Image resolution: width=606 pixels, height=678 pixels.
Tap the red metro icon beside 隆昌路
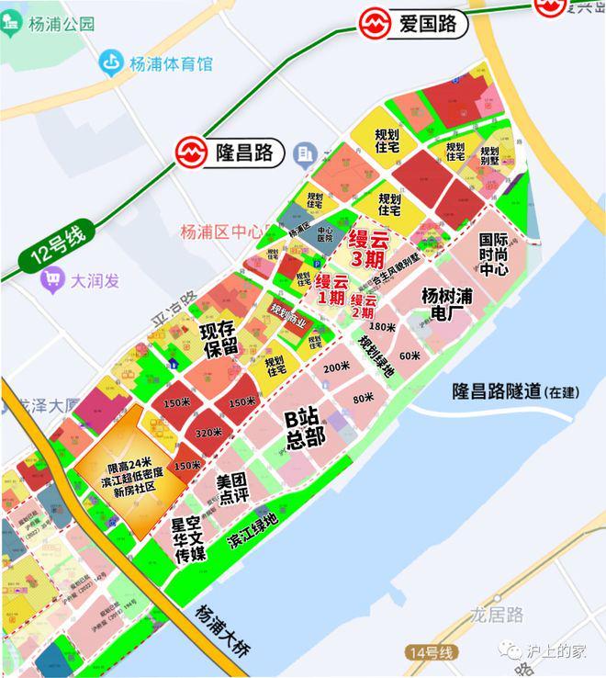point(194,152)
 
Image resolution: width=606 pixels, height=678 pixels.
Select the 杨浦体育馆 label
point(170,63)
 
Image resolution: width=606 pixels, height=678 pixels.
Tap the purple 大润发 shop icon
point(52,280)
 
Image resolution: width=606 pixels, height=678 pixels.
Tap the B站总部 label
point(305,429)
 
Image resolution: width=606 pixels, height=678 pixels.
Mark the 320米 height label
point(208,433)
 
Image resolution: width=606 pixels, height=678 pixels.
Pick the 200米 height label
point(336,367)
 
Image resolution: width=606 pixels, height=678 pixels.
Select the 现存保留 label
point(219,339)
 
